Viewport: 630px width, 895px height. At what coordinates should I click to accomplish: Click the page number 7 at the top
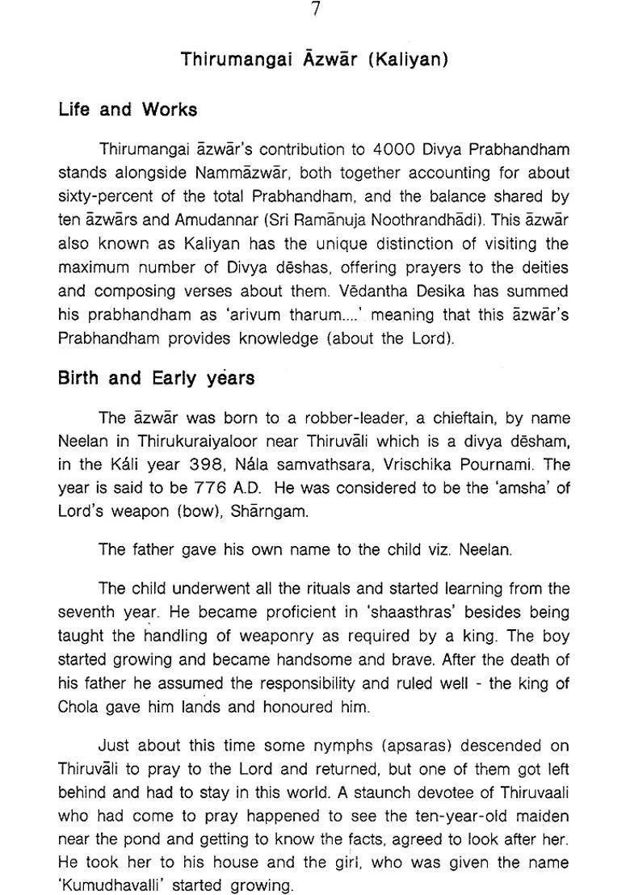click(315, 11)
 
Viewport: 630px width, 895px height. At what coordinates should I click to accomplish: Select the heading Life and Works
click(128, 109)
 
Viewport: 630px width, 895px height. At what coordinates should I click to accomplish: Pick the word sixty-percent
click(105, 196)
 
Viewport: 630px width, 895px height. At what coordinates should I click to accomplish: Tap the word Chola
click(78, 707)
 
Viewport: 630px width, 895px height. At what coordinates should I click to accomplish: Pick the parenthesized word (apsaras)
click(420, 746)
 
